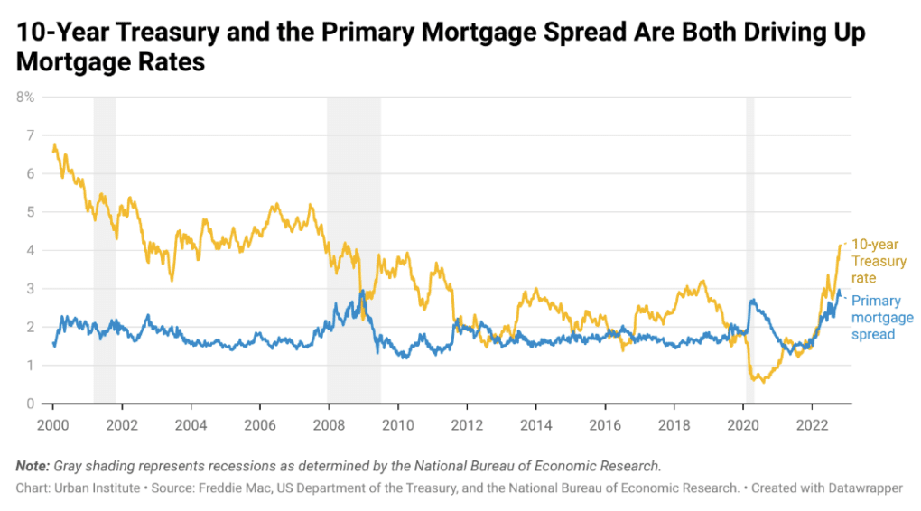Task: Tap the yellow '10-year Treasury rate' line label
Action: coord(879,261)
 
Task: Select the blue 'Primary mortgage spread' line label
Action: coord(882,318)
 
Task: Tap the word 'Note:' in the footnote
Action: coord(33,467)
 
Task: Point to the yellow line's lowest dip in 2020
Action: coord(764,382)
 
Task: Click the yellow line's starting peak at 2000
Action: coord(54,144)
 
